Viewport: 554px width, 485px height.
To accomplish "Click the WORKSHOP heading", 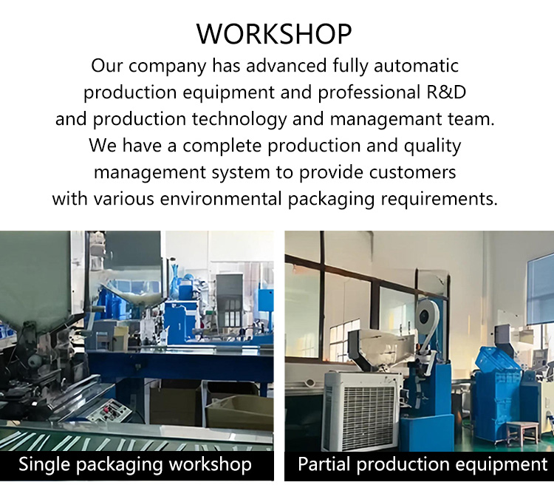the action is (274, 34).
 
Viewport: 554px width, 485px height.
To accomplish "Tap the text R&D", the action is (447, 92).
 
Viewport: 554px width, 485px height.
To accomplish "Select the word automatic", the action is (416, 66).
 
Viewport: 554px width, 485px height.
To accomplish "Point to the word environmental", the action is (221, 198).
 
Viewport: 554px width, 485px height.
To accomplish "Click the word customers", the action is (413, 172).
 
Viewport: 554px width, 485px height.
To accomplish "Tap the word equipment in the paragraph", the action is (228, 93).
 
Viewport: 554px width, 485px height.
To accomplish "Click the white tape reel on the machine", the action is (427, 313).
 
